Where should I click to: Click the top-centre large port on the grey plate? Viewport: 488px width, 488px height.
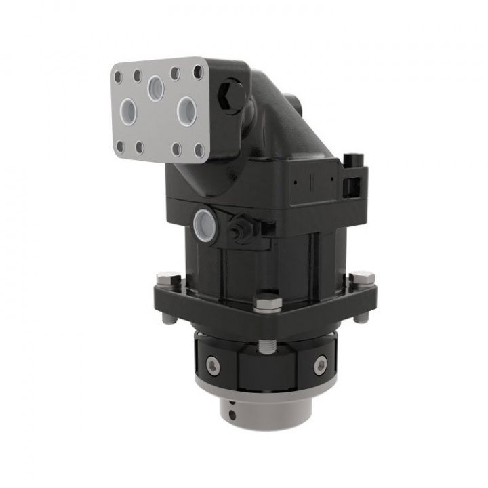[156, 87]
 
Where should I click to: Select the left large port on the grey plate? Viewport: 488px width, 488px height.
[128, 110]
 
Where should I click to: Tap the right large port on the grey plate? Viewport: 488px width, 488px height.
[186, 110]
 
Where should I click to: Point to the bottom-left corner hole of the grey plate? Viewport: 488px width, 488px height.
[120, 145]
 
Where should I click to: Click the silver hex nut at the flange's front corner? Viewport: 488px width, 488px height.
[267, 302]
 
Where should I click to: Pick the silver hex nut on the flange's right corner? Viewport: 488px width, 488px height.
[361, 278]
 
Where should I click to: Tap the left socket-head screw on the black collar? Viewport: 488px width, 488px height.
[213, 366]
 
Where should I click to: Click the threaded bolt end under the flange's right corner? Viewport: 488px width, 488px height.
[361, 317]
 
